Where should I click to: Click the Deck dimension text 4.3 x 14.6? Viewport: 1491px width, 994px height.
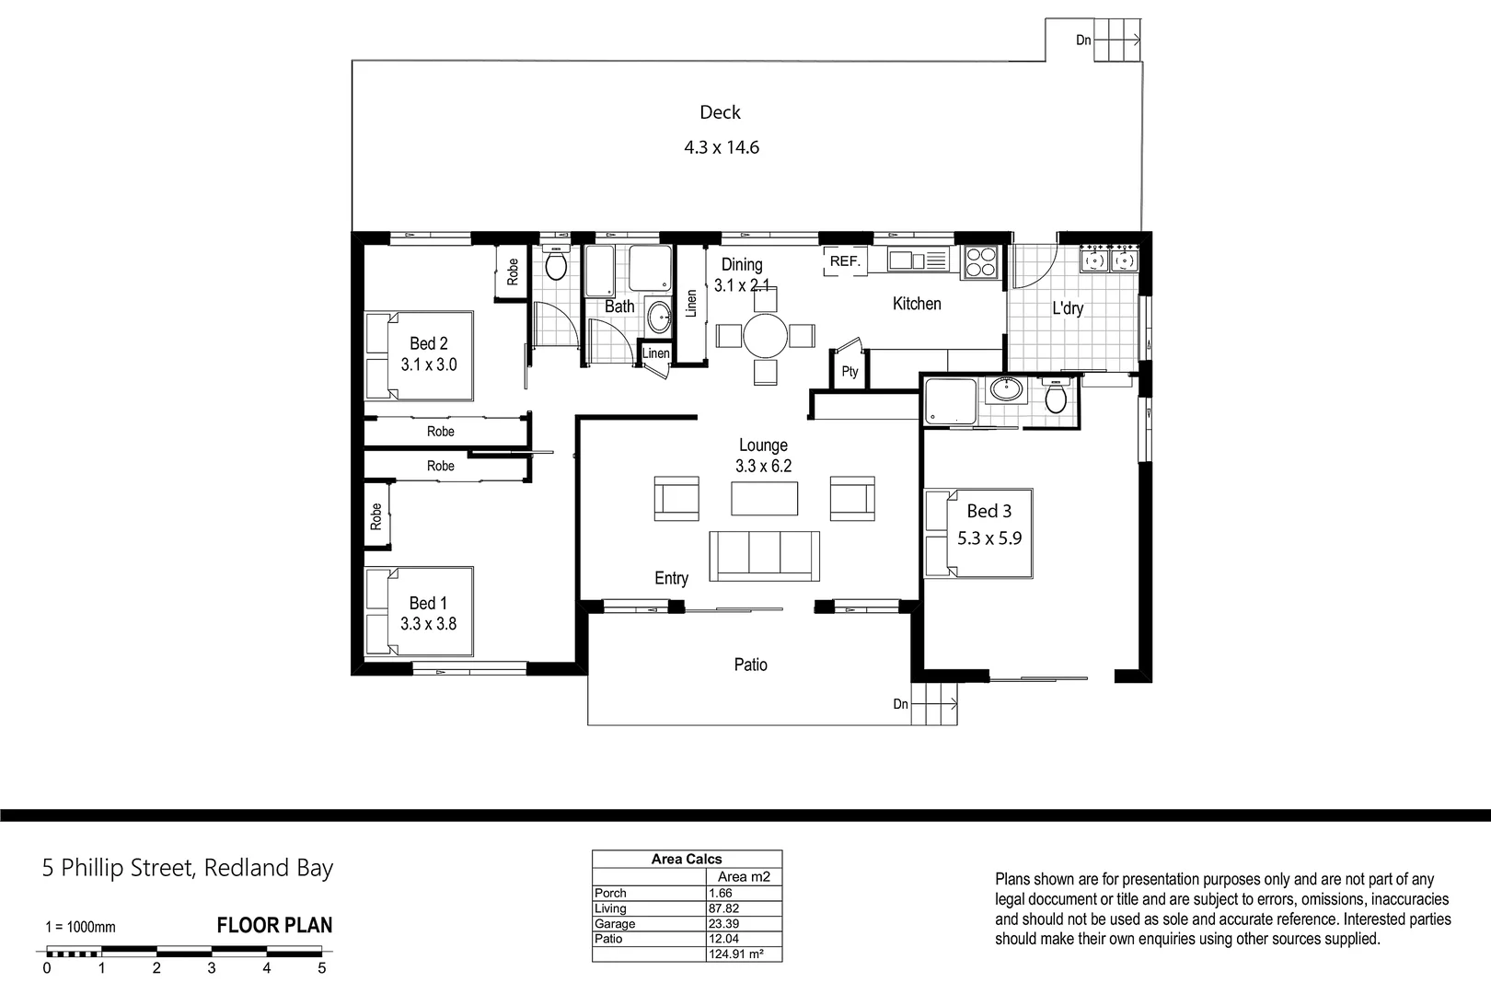tap(721, 147)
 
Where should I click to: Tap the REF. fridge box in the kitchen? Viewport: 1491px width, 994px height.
tap(844, 261)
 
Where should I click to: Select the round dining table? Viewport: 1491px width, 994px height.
tap(765, 336)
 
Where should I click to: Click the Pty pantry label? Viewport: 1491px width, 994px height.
tap(850, 372)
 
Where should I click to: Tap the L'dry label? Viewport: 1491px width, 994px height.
tap(1068, 308)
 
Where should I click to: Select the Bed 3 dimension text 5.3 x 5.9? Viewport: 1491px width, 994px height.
tap(988, 538)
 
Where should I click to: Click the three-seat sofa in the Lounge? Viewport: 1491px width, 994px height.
tap(764, 555)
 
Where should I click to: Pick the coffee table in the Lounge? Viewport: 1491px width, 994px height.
tap(764, 498)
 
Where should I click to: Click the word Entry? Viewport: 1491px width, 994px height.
tap(671, 578)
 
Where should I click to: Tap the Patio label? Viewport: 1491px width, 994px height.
tap(750, 665)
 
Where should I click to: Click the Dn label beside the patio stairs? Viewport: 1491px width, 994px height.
tap(900, 704)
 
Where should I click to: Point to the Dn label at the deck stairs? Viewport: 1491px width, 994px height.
tap(1083, 40)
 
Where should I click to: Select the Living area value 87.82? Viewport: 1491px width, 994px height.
tap(724, 908)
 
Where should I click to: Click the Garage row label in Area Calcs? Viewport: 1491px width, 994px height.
tap(615, 923)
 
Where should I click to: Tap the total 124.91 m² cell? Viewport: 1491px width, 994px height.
tap(736, 954)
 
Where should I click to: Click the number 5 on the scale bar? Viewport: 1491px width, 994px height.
tap(321, 968)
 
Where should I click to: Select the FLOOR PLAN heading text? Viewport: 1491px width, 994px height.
tap(274, 926)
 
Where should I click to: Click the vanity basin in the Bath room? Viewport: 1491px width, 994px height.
tap(659, 318)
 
